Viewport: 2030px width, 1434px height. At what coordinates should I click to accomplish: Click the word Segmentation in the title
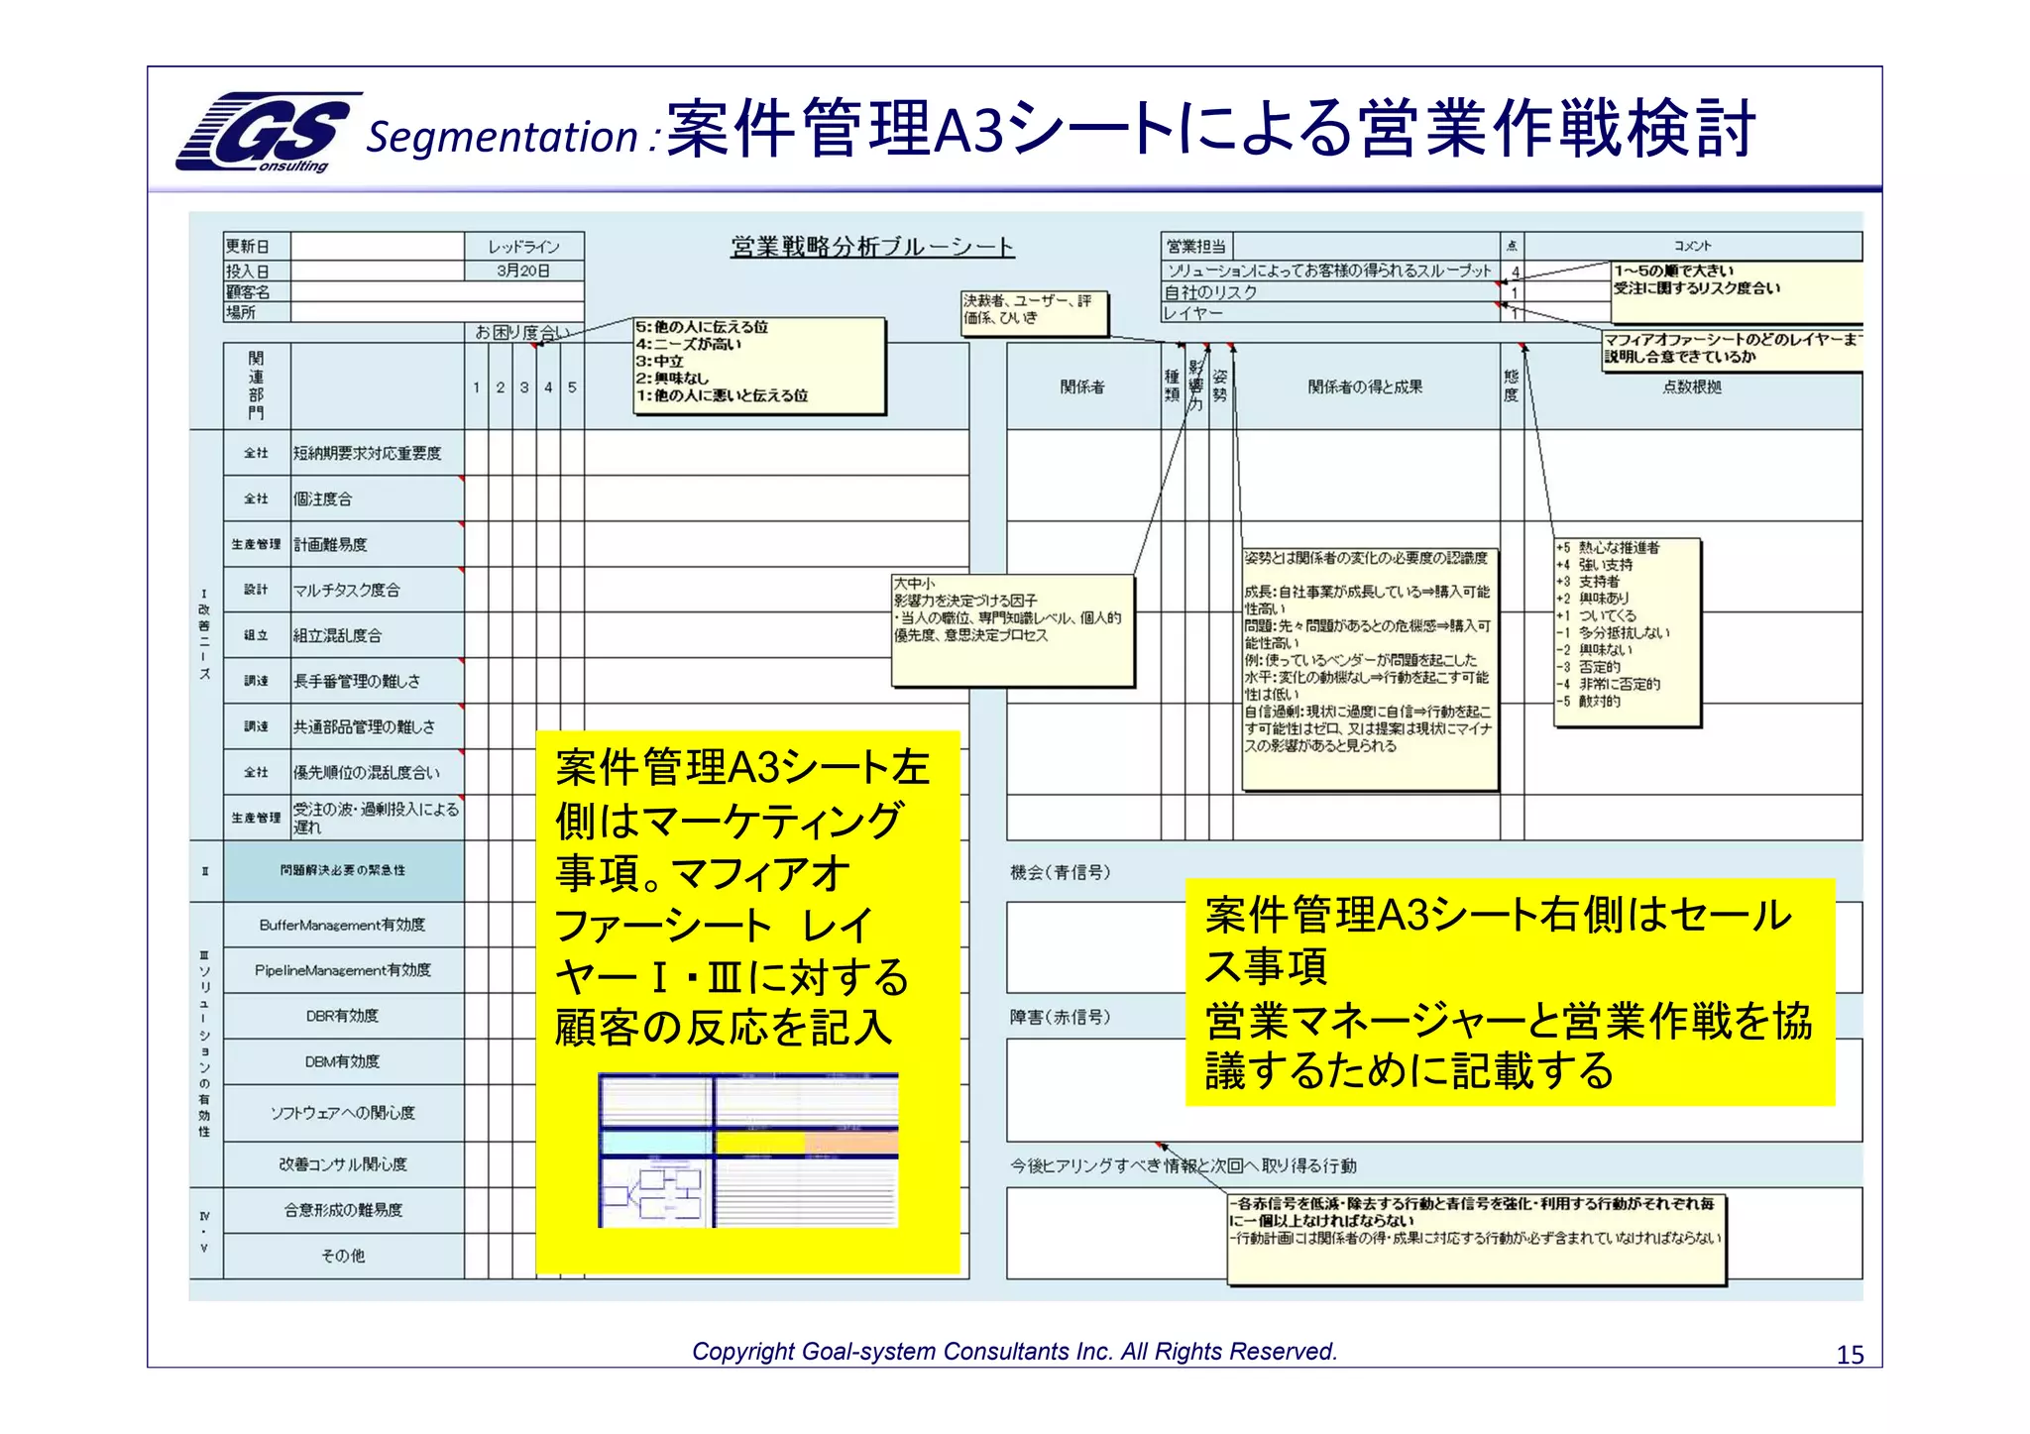tap(502, 137)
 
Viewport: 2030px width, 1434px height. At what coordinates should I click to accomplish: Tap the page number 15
tap(1850, 1355)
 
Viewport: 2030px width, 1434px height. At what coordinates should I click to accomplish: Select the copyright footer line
tap(1014, 1351)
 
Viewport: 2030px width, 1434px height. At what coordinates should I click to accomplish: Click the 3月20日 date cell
tap(523, 271)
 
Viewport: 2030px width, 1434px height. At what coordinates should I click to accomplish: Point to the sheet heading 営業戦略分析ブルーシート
tap(872, 247)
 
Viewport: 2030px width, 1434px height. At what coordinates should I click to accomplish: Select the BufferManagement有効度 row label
tap(342, 925)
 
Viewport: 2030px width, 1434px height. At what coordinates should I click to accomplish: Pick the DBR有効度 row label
tap(342, 1016)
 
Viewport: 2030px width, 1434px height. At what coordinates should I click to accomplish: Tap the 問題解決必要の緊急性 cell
tap(342, 870)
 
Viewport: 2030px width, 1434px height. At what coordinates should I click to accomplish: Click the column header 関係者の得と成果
tap(1365, 386)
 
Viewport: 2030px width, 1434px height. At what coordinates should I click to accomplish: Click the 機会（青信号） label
tap(1060, 872)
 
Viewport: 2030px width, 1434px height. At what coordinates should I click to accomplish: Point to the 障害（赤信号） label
tap(1060, 1017)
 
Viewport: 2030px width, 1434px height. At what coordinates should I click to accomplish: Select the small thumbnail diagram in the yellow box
tap(748, 1150)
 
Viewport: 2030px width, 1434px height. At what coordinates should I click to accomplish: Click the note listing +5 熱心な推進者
tap(1627, 631)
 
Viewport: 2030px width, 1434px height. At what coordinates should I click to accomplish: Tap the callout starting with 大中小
tap(1012, 630)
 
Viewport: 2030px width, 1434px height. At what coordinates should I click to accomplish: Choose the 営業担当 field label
tap(1196, 246)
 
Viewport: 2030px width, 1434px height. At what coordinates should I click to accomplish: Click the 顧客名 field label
tap(248, 291)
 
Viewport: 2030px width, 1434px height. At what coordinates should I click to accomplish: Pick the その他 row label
tap(342, 1256)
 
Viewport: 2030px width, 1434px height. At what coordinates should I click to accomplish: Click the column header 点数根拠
tap(1691, 386)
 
